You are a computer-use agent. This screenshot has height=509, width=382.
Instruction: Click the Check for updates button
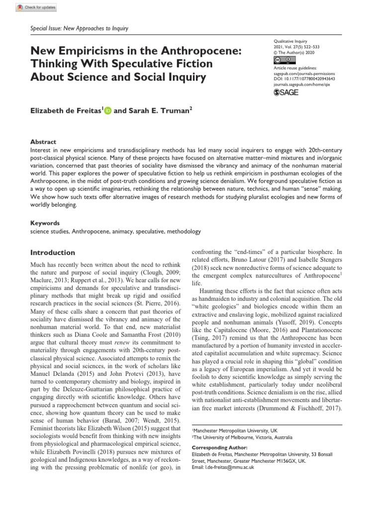36,8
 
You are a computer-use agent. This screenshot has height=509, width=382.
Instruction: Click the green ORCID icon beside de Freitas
108,111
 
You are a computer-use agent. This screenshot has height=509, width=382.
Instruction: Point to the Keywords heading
45,223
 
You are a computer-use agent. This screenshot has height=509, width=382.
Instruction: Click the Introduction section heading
53,253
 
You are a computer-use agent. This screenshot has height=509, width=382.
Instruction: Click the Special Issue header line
80,28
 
